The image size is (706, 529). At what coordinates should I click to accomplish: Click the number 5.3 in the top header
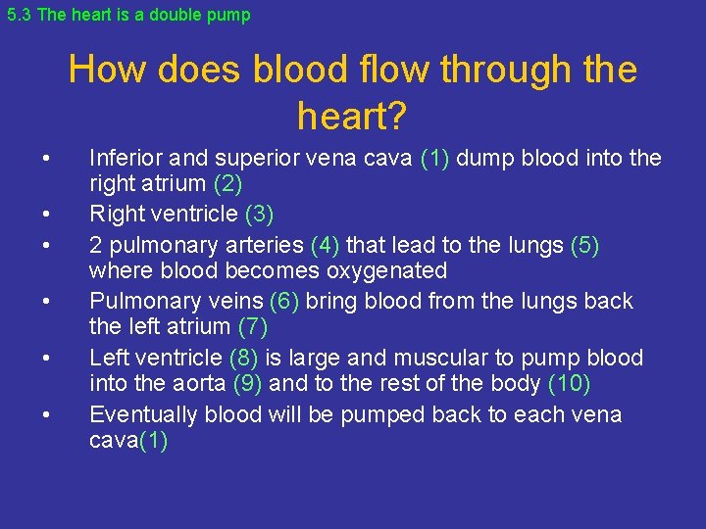(x=18, y=15)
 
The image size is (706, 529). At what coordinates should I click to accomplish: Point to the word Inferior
(x=125, y=159)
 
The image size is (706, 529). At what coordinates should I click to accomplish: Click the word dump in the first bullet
(x=481, y=159)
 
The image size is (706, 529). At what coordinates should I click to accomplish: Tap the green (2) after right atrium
(x=226, y=183)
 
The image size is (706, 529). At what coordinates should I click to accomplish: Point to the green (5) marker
(x=584, y=245)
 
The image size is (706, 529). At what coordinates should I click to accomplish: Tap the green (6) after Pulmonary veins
(x=286, y=301)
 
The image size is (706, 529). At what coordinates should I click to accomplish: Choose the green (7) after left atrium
(x=253, y=326)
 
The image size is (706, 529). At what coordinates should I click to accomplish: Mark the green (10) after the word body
(x=563, y=383)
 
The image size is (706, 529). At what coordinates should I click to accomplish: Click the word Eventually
(x=144, y=414)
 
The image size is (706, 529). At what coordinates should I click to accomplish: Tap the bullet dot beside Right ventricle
(x=46, y=214)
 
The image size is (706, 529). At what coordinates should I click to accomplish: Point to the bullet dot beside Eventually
(x=46, y=414)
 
